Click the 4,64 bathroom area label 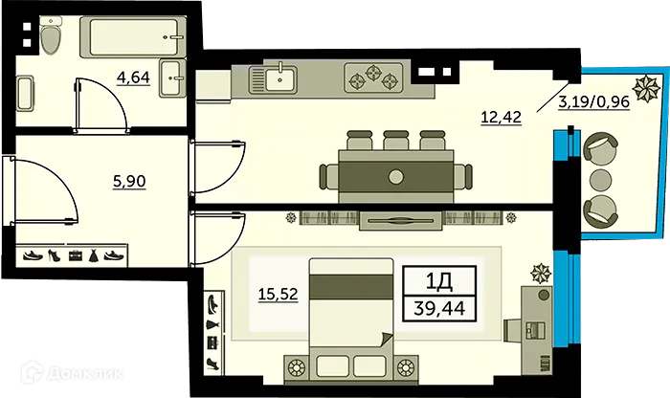point(133,77)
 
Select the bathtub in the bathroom point(134,38)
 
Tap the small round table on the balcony point(600,179)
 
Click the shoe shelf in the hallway point(72,256)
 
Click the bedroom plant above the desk point(541,272)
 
